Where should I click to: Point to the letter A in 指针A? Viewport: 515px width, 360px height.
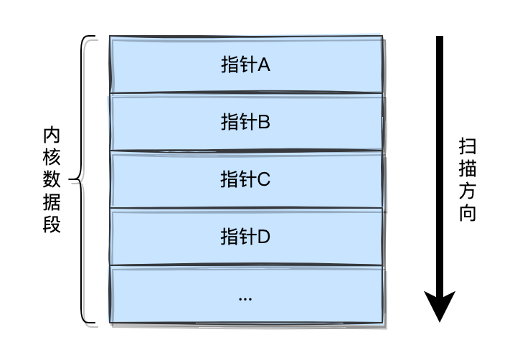(263, 65)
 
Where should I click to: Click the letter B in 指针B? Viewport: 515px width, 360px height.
(263, 122)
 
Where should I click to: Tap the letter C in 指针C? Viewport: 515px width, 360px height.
(263, 179)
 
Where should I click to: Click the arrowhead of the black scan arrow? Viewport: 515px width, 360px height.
(440, 307)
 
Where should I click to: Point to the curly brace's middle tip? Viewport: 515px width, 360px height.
(71, 179)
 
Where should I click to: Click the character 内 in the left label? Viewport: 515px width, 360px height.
(52, 134)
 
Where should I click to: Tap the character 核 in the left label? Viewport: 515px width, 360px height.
(52, 156)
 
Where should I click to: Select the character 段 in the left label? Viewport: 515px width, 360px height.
(52, 224)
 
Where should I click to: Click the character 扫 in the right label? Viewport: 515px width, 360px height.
(468, 147)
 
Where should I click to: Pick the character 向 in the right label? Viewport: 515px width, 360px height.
(468, 214)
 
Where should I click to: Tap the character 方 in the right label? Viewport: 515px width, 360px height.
(468, 191)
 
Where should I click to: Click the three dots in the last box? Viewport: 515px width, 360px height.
(245, 298)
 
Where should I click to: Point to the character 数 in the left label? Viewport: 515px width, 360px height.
(52, 179)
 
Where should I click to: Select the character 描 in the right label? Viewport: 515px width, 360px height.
(468, 169)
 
